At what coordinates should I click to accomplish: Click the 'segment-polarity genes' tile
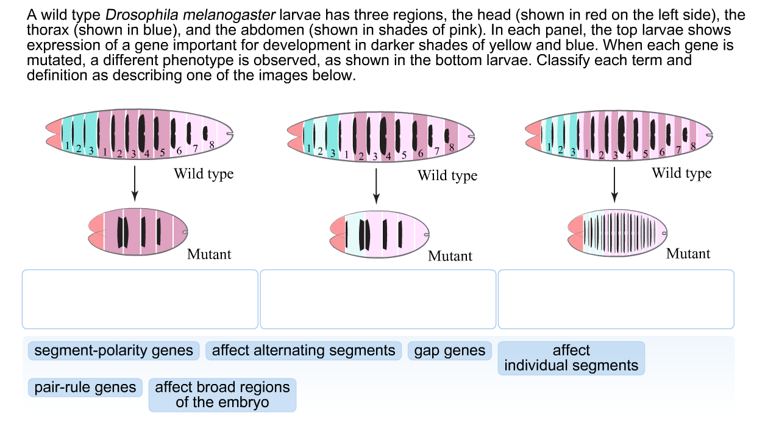(x=114, y=351)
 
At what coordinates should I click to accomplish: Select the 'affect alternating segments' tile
(x=304, y=351)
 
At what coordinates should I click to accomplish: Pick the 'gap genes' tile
(x=450, y=351)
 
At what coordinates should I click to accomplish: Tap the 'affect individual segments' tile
(x=571, y=358)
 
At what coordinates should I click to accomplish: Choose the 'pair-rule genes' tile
(x=85, y=388)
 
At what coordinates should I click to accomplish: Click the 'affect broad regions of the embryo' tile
(x=222, y=394)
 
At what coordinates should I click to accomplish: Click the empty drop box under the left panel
(x=140, y=299)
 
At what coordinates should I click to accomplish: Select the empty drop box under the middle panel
(x=378, y=299)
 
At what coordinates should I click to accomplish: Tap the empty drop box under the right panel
(x=616, y=299)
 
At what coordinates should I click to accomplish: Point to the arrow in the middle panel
(x=376, y=184)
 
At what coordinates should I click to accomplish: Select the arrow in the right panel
(x=614, y=183)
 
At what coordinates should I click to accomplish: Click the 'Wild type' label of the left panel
(x=204, y=174)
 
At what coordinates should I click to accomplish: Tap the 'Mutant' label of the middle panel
(x=450, y=256)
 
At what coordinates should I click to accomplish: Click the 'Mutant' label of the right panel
(x=688, y=254)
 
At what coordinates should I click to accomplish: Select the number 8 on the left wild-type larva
(x=212, y=145)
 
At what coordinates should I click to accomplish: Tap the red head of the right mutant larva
(x=575, y=234)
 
